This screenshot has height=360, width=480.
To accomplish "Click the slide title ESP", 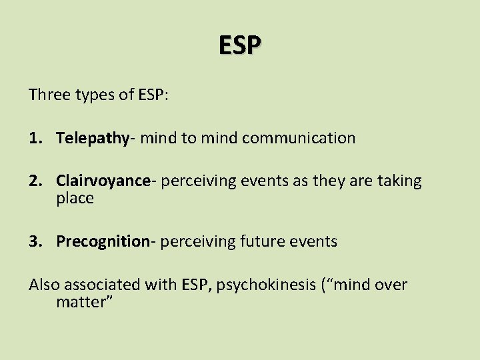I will pos(241,45).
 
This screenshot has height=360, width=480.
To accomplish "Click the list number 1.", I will pos(35,138).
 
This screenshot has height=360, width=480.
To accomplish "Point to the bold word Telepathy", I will pos(92,139).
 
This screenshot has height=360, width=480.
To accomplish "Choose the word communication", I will pos(299,138).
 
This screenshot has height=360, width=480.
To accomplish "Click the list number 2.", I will pos(35,181).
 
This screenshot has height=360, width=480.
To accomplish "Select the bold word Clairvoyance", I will pos(103,181).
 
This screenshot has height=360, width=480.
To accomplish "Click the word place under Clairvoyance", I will pos(75,199).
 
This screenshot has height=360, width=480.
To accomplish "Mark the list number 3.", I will pos(35,241).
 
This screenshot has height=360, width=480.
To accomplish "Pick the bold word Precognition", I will pos(103,241).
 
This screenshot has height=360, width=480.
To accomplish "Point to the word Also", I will pos(45,285).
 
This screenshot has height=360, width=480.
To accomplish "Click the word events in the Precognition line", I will pos(315,241).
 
